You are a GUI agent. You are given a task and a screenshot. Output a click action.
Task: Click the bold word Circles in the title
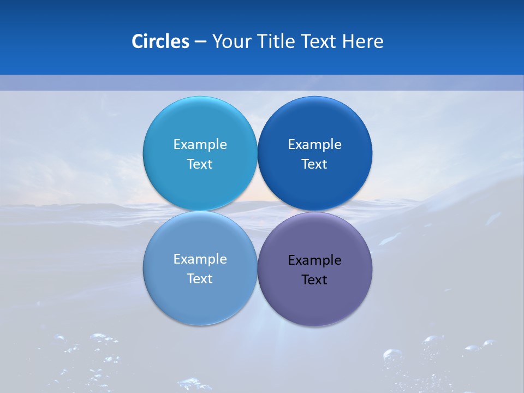click(x=160, y=41)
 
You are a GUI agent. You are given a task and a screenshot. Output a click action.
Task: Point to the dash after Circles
click(x=200, y=42)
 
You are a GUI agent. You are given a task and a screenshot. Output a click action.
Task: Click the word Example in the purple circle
click(x=314, y=260)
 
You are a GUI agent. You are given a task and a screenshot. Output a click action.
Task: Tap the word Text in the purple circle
click(x=314, y=280)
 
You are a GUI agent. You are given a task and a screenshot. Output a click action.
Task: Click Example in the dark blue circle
click(x=314, y=145)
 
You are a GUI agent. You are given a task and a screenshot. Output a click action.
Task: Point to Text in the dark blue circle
click(x=314, y=164)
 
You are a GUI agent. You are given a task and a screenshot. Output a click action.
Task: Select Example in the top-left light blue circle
click(x=200, y=145)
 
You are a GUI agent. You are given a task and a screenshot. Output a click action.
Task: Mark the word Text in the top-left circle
click(x=200, y=164)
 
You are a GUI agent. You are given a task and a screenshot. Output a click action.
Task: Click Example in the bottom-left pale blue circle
click(x=200, y=259)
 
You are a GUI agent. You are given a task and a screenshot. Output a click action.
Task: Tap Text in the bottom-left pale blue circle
click(x=200, y=279)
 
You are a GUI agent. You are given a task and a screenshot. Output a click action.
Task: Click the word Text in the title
click(x=320, y=41)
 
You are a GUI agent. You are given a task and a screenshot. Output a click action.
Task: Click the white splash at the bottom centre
click(x=194, y=384)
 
